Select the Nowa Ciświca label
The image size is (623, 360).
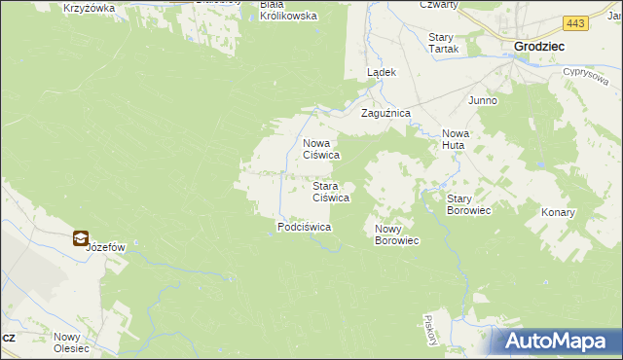click(x=320, y=148)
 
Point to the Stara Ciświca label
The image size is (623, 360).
click(x=330, y=192)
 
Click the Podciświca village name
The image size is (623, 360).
click(x=305, y=227)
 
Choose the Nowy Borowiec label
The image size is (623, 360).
click(x=396, y=234)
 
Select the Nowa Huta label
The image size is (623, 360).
click(x=455, y=139)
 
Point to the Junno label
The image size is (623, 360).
click(x=483, y=100)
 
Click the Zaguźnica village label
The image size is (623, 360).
click(x=386, y=114)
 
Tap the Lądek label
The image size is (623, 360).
click(x=380, y=73)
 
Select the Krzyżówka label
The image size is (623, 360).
click(x=89, y=8)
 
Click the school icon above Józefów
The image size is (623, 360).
click(x=81, y=237)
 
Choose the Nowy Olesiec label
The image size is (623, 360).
click(x=72, y=342)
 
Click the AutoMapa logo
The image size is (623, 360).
click(x=556, y=341)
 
